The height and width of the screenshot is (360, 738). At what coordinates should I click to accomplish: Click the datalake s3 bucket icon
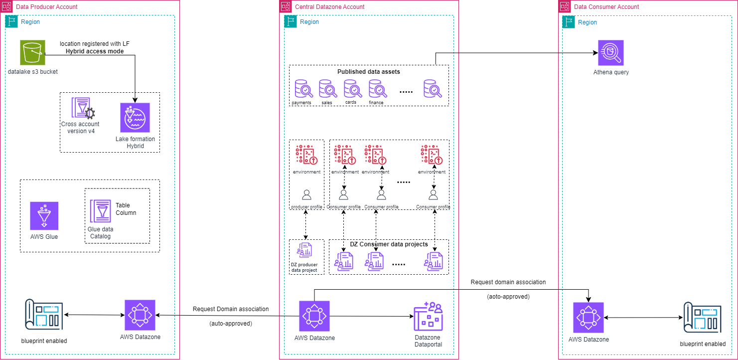tap(32, 52)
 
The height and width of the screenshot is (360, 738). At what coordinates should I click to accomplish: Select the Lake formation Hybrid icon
tap(135, 118)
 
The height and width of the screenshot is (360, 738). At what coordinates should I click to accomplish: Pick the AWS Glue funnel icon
tap(44, 216)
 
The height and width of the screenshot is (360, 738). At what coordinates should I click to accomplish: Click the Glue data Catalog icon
tap(101, 211)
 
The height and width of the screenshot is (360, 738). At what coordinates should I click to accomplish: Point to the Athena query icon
tap(611, 52)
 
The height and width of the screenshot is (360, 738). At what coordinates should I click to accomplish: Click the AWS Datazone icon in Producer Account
tap(140, 315)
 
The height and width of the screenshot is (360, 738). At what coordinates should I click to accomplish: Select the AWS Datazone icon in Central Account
tap(314, 316)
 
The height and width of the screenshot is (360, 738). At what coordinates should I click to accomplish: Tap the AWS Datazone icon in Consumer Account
tap(588, 317)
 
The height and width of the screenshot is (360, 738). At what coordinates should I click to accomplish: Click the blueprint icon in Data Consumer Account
tap(703, 317)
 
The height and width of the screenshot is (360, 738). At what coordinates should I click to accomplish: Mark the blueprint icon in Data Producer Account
tap(44, 315)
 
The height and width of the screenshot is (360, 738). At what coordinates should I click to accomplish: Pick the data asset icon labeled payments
tap(302, 89)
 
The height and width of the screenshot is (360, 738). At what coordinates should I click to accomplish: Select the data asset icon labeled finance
tap(377, 89)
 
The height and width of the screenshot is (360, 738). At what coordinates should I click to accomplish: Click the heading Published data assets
tap(368, 72)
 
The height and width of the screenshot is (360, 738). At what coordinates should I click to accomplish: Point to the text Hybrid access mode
tap(95, 51)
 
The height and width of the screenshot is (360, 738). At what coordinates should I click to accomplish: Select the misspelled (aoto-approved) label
tap(508, 296)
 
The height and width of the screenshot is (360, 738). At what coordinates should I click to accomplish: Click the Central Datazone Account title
tap(330, 7)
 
